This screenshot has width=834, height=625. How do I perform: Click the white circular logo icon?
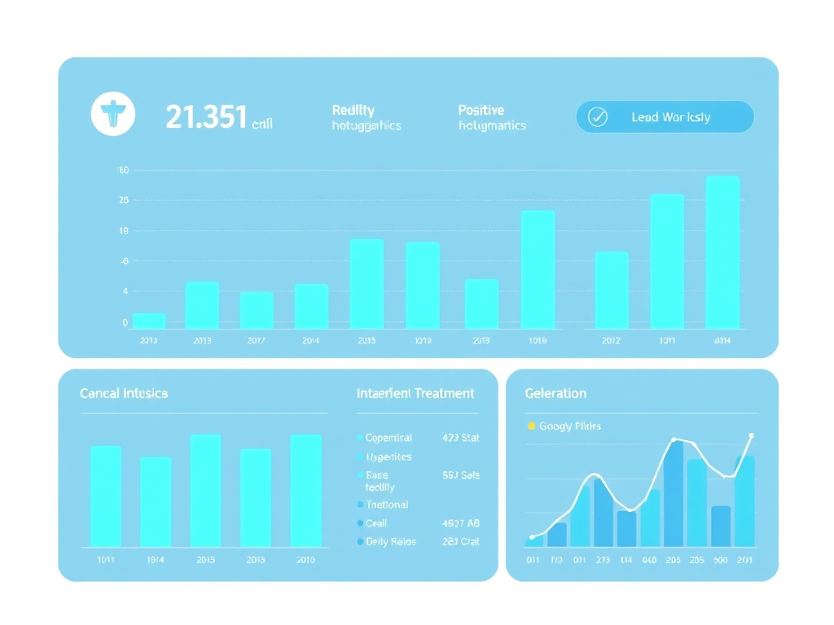pos(112,115)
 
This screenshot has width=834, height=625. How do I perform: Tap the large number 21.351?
pos(205,118)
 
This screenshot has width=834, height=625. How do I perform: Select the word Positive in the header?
pos(481,110)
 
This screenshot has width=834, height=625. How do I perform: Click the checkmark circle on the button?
pos(598,117)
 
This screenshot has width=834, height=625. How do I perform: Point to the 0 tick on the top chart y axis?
pos(125,323)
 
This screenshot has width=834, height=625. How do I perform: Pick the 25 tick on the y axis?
pos(124,200)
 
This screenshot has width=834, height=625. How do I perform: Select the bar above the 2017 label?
pos(257,310)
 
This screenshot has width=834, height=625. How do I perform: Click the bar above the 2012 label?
pos(611,290)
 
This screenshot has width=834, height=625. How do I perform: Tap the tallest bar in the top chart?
pos(722,252)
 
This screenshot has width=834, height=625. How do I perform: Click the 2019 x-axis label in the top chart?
pos(481,341)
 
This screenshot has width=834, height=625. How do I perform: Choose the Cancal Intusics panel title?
pos(124,394)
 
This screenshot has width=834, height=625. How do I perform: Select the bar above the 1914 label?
pos(156,501)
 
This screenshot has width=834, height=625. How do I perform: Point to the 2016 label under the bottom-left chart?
pos(305,560)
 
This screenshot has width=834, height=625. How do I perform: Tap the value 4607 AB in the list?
pos(460,523)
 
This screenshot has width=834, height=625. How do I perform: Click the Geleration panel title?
pos(555,394)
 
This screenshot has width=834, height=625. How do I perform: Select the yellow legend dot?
pos(532,426)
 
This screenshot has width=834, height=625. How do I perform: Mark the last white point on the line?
pos(751,435)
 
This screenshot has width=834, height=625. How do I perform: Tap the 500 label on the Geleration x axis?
pos(721,560)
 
